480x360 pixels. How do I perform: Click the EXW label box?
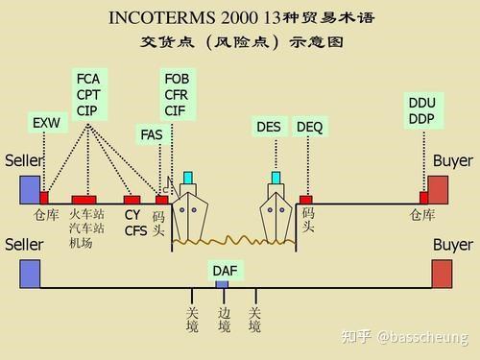pos(46,124)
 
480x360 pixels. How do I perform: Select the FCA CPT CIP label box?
pos(88,94)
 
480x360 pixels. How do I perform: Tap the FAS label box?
pos(152,135)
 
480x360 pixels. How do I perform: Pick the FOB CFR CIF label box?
pos(177,94)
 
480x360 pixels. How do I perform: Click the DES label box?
pos(270,127)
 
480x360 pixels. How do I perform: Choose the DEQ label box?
pos(310,127)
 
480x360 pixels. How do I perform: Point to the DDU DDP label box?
pos(421,110)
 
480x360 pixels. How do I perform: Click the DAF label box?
pos(224,271)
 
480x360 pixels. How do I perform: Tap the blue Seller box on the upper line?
pos(30,187)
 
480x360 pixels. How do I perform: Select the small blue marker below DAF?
pos(222,285)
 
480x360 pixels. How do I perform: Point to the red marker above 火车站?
pos(84,200)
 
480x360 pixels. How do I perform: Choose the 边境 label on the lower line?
pos(224,320)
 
